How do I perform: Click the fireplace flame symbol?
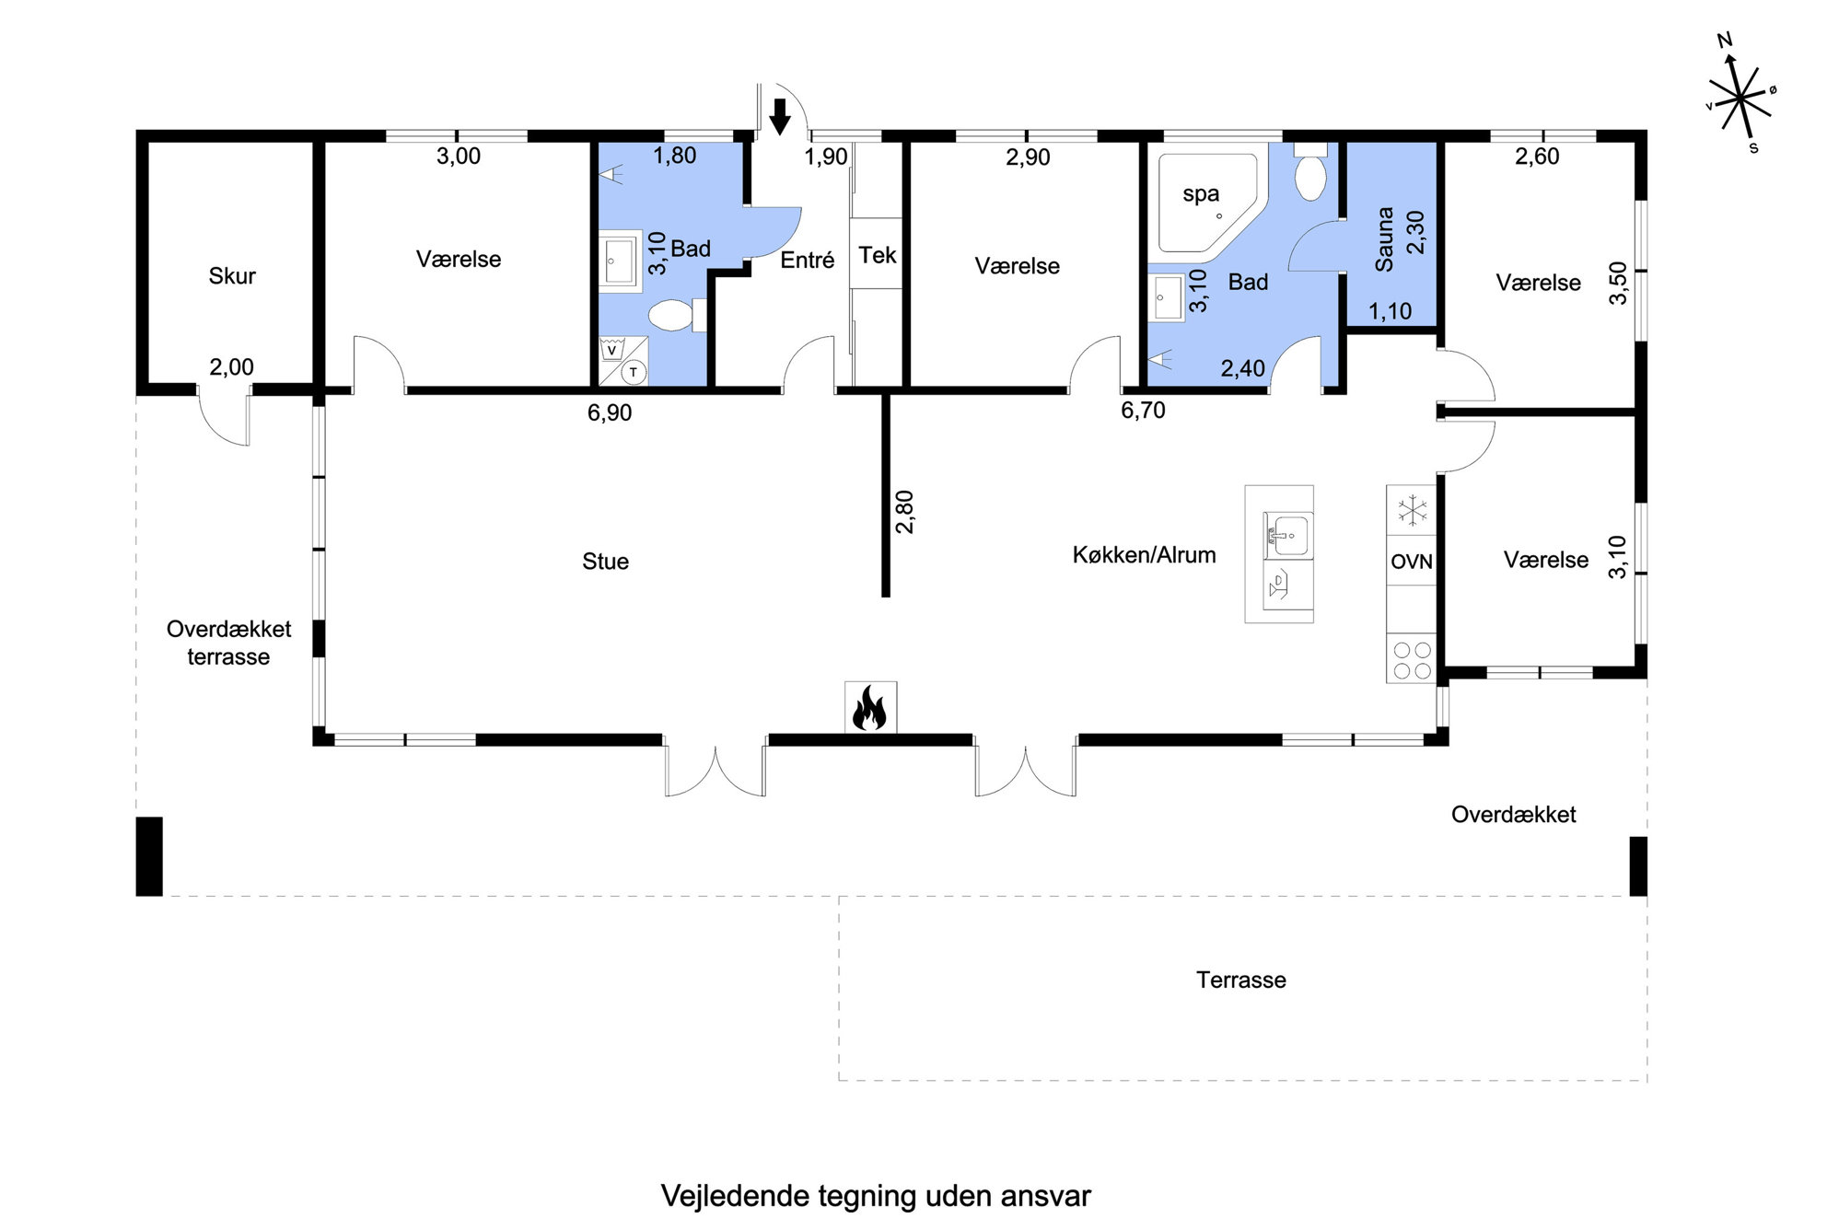[x=869, y=709]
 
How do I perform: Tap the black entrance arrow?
[x=780, y=116]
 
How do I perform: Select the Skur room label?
[x=232, y=275]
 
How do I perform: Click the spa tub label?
[x=1201, y=194]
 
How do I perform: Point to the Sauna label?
[x=1383, y=239]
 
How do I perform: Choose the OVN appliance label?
[x=1412, y=562]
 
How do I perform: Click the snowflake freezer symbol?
[x=1412, y=511]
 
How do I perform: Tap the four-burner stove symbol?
[x=1412, y=660]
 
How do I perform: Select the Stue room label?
[x=605, y=562]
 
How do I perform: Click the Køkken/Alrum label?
[x=1144, y=555]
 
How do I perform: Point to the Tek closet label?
[x=878, y=255]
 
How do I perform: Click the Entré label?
[x=807, y=261]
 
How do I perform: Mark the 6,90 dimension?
[x=610, y=412]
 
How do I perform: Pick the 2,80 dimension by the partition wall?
[x=904, y=512]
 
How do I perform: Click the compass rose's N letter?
[x=1725, y=40]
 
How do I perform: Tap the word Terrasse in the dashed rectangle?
[x=1240, y=980]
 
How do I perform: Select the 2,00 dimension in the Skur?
[x=231, y=367]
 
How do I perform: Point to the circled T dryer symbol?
[x=634, y=372]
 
